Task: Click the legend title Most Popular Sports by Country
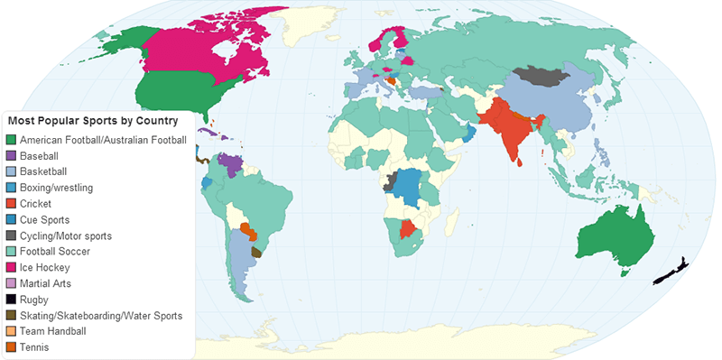click(x=93, y=121)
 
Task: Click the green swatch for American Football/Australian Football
click(x=12, y=140)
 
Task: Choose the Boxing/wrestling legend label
click(x=62, y=188)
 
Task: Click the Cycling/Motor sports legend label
click(x=72, y=235)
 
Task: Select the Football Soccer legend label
click(x=57, y=252)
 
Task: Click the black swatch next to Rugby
click(x=12, y=300)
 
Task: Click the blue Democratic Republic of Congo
click(x=411, y=185)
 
